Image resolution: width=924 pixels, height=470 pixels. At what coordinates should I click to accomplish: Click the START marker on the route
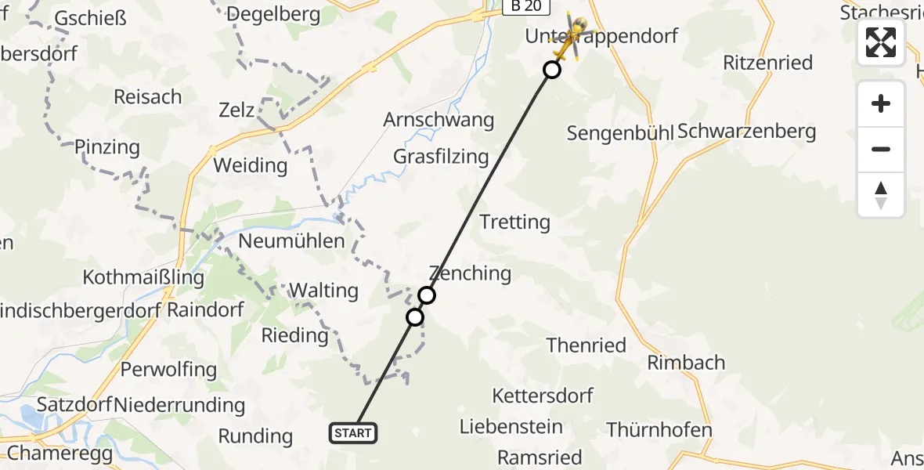click(x=353, y=433)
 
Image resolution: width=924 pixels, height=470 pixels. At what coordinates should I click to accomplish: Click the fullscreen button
click(x=881, y=42)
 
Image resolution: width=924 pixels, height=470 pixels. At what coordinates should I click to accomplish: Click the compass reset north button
click(x=881, y=195)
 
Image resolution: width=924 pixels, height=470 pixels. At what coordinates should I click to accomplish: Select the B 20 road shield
click(x=527, y=7)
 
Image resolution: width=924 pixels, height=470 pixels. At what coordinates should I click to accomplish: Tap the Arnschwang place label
click(x=439, y=120)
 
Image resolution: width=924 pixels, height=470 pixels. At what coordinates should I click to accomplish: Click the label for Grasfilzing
click(x=441, y=156)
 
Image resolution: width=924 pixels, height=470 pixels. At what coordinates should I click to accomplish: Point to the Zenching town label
click(x=470, y=273)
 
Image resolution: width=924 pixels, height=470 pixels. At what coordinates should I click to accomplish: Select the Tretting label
click(x=514, y=222)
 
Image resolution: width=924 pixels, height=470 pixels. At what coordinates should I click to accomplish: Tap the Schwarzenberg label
click(x=746, y=132)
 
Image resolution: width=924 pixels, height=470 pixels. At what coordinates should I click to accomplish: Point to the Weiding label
click(x=251, y=165)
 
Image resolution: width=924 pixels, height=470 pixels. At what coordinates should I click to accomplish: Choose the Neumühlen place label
click(x=291, y=241)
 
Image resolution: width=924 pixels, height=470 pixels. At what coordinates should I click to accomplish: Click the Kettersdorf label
click(x=543, y=396)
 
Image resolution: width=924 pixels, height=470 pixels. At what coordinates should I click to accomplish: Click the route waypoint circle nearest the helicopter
click(x=552, y=70)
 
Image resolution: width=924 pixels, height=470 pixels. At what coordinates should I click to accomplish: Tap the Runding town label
click(x=255, y=436)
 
